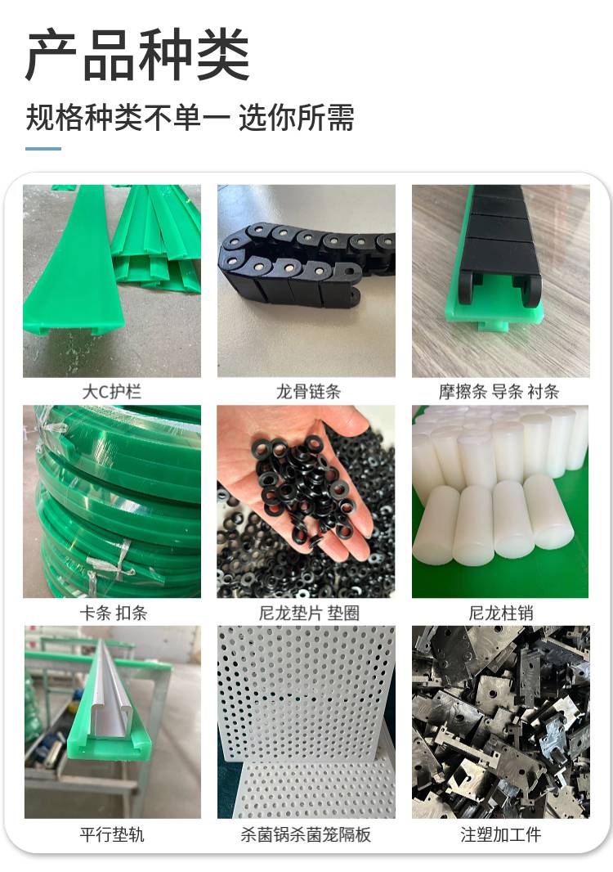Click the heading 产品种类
[138, 55]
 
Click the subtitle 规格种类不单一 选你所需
[190, 117]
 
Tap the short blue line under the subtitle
[43, 149]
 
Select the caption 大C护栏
[112, 392]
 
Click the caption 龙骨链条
[308, 392]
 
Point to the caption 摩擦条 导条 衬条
[499, 392]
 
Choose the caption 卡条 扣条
[114, 613]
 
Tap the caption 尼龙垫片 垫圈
[309, 613]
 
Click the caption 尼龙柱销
[501, 613]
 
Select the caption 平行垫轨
[112, 834]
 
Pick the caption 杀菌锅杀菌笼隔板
[306, 834]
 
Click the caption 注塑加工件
[501, 834]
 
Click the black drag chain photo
[306, 281]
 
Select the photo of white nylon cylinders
[500, 501]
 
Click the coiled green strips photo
[112, 501]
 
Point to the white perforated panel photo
[306, 721]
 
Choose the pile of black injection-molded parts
[501, 721]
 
